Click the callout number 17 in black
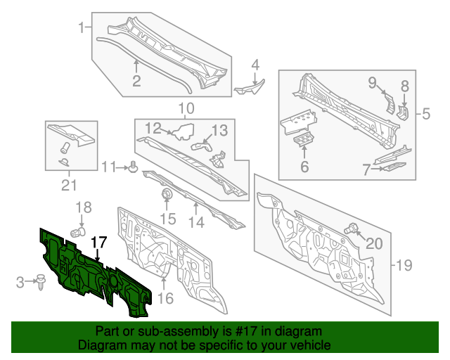98,242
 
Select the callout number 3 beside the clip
21,283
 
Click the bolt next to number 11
131,167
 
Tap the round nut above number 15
167,194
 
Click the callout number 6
304,167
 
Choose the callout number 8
404,86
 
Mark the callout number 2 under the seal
136,81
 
